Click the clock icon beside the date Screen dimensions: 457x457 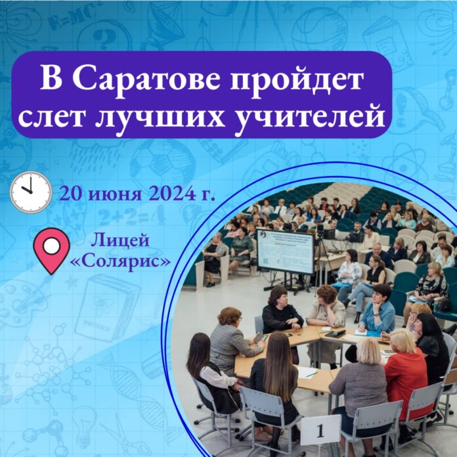(31, 192)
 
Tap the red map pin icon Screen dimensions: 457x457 (52, 251)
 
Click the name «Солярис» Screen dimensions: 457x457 (120, 261)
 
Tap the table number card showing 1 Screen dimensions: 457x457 (320, 430)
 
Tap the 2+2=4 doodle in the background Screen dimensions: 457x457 (132, 215)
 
